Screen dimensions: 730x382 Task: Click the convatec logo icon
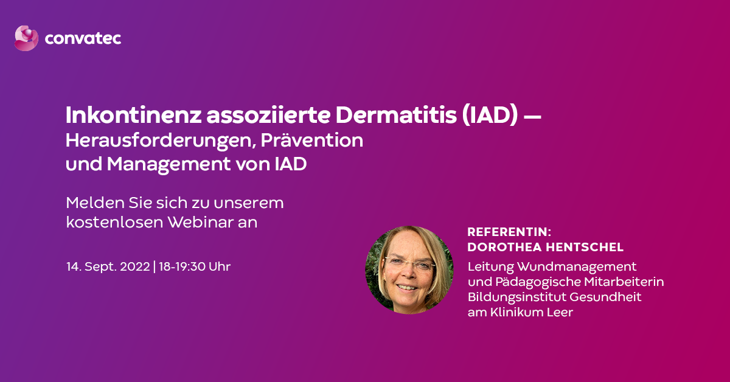pos(26,38)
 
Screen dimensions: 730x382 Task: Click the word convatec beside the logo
pos(83,38)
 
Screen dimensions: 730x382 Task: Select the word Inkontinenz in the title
pos(134,115)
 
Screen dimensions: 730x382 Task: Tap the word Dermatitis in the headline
pos(396,115)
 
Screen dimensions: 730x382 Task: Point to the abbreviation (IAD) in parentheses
pos(490,116)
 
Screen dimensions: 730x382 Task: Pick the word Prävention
pos(312,140)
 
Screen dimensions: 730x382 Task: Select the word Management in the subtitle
pos(169,164)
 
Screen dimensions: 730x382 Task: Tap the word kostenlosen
pos(114,222)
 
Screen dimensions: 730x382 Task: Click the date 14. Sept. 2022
pos(108,266)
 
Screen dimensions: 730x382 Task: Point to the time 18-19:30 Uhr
pos(195,266)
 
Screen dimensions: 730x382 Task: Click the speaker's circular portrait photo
pos(409,270)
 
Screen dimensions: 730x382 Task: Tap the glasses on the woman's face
pos(410,263)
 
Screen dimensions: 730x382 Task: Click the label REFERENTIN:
pos(509,232)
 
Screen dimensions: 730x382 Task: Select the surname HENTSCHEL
pos(585,247)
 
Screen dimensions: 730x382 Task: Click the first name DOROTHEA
pos(505,247)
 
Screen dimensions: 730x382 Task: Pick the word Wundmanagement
pos(577,267)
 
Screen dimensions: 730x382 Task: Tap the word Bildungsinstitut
pos(517,297)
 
